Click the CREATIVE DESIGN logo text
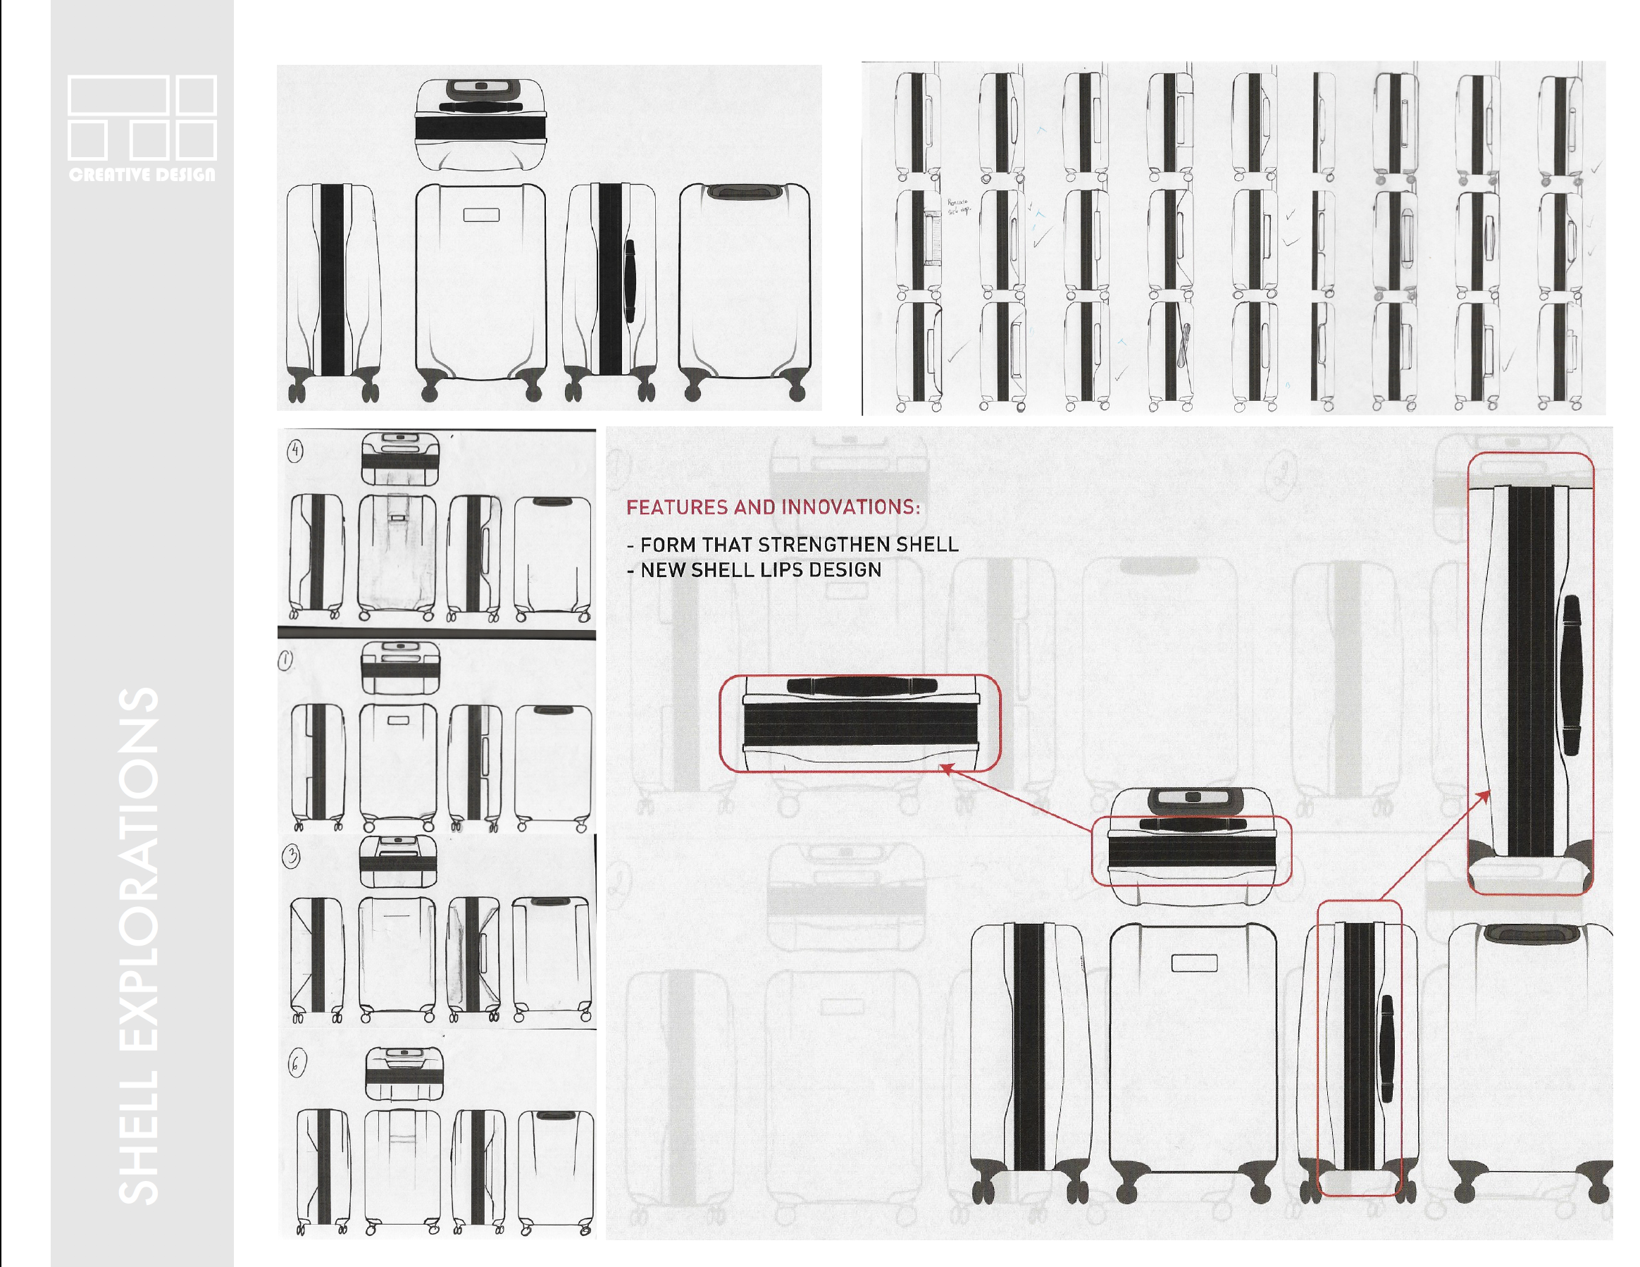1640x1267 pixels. [x=142, y=174]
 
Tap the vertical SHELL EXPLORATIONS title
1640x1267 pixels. [x=139, y=946]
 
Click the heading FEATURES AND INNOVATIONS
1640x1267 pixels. [x=773, y=507]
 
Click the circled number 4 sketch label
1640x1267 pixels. [x=295, y=450]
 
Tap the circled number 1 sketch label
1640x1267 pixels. [x=285, y=660]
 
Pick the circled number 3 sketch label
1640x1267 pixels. [x=292, y=856]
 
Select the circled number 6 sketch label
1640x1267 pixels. [x=297, y=1063]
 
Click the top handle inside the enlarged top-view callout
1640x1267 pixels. [x=862, y=686]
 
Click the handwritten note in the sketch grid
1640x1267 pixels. [x=957, y=206]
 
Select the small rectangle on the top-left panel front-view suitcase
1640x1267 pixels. [x=481, y=215]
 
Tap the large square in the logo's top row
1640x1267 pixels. [x=118, y=94]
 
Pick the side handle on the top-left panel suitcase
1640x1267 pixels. [x=630, y=282]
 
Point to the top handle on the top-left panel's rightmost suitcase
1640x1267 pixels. [x=744, y=192]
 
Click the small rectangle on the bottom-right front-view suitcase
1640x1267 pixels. [x=1194, y=963]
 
